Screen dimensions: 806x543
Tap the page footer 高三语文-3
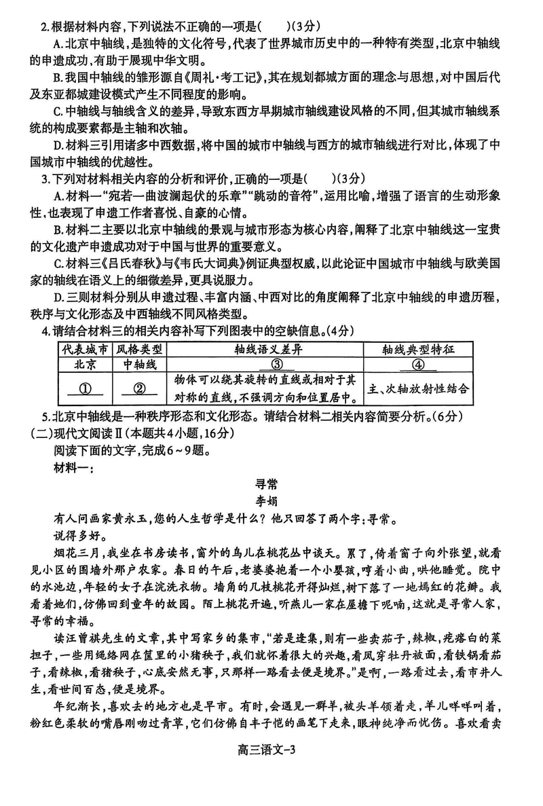pos(271,787)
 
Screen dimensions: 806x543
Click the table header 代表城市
pos(84,350)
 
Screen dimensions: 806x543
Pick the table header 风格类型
pos(138,350)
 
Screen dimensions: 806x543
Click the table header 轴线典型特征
pos(417,350)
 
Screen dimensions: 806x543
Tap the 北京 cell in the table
pos(84,365)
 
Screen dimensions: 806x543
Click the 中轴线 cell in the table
pos(138,365)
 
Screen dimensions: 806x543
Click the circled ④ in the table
pos(417,365)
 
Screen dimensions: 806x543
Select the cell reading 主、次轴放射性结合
pos(417,390)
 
